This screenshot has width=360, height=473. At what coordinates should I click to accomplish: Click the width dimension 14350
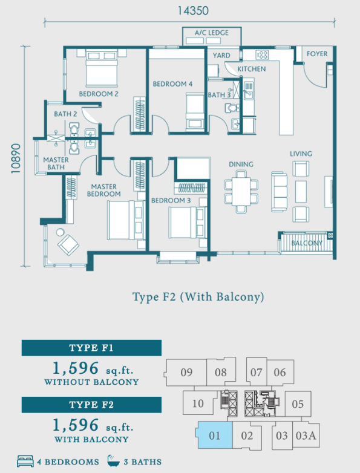coord(193,11)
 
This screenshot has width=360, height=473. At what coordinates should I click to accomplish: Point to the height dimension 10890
coord(16,158)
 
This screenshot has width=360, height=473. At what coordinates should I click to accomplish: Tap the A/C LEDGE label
coord(212,33)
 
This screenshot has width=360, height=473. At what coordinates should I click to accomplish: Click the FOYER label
coord(317,54)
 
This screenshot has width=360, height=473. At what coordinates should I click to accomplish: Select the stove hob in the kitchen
coord(262,55)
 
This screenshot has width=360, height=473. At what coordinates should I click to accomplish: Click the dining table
coord(241,192)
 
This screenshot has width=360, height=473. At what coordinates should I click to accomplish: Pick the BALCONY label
coord(307,243)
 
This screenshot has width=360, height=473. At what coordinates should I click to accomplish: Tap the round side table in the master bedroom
coord(60,232)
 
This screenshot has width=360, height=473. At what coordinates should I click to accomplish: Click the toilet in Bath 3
coord(232,108)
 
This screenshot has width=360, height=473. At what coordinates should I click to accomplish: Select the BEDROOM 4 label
coord(172,84)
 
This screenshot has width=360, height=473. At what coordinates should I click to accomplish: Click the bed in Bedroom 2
coord(102,68)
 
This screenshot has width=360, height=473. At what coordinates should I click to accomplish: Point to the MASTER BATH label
coord(56,163)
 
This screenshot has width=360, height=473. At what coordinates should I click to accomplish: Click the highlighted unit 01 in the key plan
coord(214,435)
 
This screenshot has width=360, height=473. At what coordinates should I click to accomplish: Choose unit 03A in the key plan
coord(306,435)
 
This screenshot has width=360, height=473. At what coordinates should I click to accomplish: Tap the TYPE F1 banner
coord(91,348)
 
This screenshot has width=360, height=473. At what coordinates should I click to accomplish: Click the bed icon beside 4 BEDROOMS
coord(25,461)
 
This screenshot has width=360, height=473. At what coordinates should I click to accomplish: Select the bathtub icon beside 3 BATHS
coord(114,460)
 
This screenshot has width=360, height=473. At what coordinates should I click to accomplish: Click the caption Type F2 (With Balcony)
coord(198,297)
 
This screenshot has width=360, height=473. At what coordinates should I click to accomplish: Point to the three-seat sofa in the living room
coord(279,192)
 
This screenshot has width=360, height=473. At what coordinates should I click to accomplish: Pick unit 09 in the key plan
coord(186,372)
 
